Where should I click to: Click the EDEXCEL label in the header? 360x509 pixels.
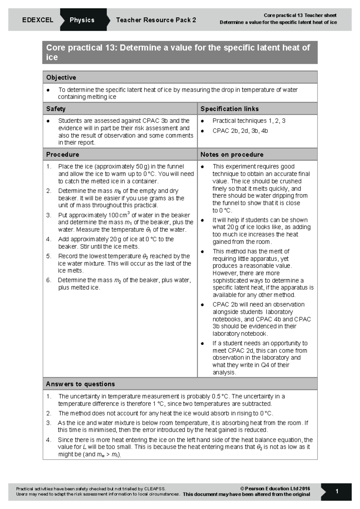click(x=37, y=20)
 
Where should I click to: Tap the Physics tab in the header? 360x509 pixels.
click(x=82, y=20)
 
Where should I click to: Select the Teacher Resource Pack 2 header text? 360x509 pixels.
click(x=156, y=20)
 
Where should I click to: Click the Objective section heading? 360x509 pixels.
click(x=61, y=77)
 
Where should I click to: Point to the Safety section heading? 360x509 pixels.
click(x=56, y=109)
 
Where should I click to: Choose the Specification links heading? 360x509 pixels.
click(x=229, y=109)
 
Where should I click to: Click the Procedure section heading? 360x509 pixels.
click(x=63, y=154)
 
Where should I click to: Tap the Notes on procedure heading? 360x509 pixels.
click(x=232, y=154)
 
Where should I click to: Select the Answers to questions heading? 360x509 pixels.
click(x=80, y=384)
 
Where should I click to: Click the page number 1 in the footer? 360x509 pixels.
click(x=337, y=491)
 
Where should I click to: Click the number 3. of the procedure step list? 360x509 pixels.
click(x=49, y=215)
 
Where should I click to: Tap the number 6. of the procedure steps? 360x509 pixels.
click(x=49, y=280)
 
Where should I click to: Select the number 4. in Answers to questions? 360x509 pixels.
click(x=49, y=440)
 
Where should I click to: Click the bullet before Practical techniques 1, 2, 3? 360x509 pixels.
click(x=202, y=121)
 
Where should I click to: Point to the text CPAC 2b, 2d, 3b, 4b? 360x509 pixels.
click(x=240, y=131)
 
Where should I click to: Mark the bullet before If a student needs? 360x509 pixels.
click(x=202, y=344)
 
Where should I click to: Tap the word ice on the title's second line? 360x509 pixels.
click(x=52, y=57)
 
